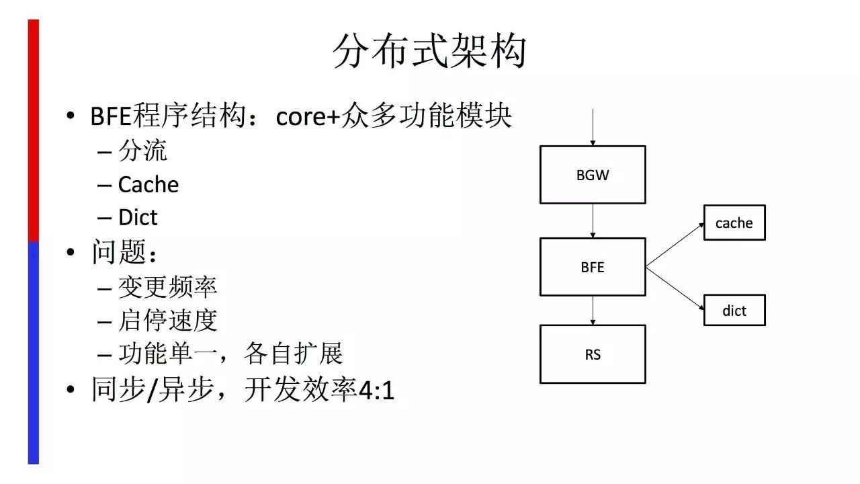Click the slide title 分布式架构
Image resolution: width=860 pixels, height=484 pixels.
pos(429,52)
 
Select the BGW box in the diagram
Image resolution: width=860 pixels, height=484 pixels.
pos(593,175)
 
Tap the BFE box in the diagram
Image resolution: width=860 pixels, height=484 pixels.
pos(593,267)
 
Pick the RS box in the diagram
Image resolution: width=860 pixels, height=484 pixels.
pos(593,354)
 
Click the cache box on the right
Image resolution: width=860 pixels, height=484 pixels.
pos(734,223)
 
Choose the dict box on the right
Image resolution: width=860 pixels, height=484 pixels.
pos(734,311)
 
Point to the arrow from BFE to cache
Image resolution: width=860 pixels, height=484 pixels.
pos(675,245)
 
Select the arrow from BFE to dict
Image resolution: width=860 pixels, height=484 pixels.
pos(675,289)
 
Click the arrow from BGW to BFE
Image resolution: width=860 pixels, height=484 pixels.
pos(593,220)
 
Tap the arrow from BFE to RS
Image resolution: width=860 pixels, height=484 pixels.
pos(593,311)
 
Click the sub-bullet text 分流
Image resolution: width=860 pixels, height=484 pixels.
pos(142,151)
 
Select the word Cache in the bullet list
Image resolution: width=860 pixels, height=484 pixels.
pos(148,185)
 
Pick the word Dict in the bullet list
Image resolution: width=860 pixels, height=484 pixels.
pos(138,218)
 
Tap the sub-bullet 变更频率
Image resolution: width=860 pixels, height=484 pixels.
pos(167,287)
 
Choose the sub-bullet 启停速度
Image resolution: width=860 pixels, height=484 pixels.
pos(167,320)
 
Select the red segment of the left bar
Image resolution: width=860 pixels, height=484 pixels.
pos(33,131)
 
